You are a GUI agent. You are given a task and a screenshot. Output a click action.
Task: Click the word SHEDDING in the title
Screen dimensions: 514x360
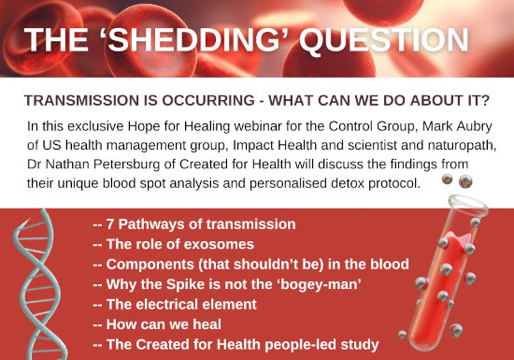pyautogui.click(x=194, y=39)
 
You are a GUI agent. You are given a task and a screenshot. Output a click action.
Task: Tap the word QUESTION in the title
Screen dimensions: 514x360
pyautogui.click(x=384, y=40)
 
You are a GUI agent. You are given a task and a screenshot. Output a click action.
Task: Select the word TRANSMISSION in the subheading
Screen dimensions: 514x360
pyautogui.click(x=82, y=100)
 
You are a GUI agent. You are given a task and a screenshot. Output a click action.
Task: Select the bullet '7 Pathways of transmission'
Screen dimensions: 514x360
pyautogui.click(x=194, y=224)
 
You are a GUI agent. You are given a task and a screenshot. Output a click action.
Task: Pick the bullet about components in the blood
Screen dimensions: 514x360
pyautogui.click(x=251, y=265)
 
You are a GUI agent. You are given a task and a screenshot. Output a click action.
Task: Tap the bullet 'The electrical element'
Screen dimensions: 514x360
pyautogui.click(x=175, y=305)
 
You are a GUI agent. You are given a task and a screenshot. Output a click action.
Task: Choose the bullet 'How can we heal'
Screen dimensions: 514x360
pyautogui.click(x=157, y=324)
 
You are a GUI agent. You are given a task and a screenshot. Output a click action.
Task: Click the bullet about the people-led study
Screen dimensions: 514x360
pyautogui.click(x=236, y=345)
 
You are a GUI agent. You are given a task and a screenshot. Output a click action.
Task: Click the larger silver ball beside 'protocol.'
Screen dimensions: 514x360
pyautogui.click(x=465, y=181)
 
